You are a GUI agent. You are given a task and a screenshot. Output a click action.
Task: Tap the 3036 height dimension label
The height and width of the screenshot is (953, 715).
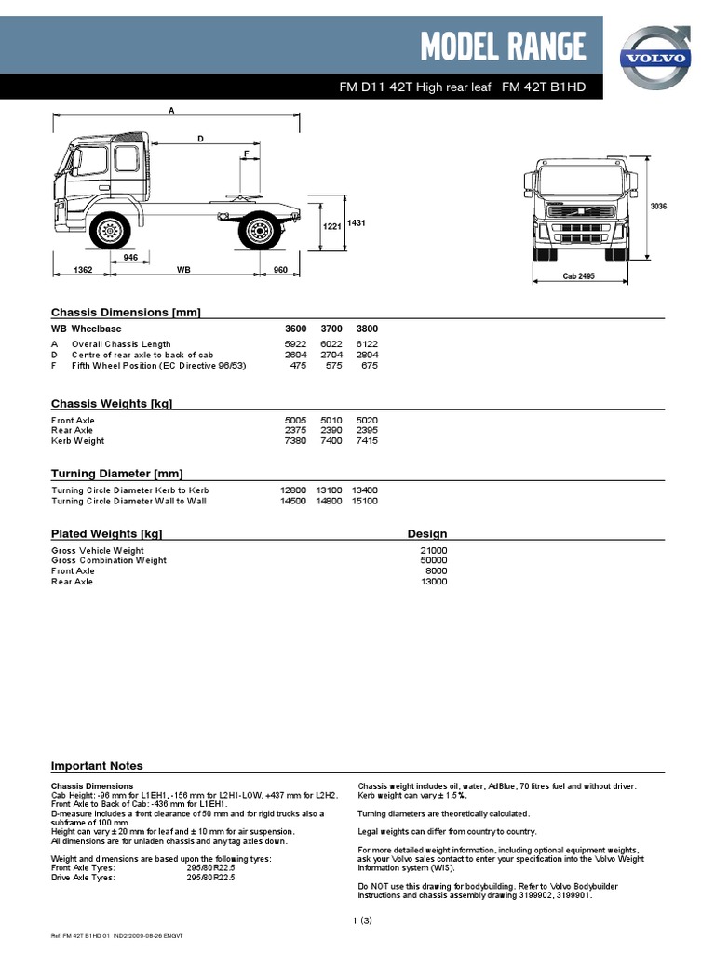[659, 206]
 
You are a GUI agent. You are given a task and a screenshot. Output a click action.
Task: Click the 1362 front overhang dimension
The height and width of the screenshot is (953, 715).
[83, 270]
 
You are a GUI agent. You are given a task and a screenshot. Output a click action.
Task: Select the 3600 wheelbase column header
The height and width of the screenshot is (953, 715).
[294, 329]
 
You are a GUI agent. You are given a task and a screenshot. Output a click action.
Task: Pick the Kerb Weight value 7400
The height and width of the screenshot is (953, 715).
[331, 441]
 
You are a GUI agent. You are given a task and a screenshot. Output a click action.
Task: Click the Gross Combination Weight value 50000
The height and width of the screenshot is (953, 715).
[433, 560]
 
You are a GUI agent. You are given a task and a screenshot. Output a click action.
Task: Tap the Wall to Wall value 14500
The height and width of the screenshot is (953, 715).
[293, 501]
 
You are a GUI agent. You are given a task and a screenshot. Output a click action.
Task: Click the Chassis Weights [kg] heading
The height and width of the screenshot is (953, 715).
[112, 403]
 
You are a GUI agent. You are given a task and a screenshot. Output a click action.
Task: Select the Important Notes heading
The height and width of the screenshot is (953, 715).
[97, 766]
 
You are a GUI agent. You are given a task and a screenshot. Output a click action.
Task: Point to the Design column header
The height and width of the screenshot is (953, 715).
[427, 534]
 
